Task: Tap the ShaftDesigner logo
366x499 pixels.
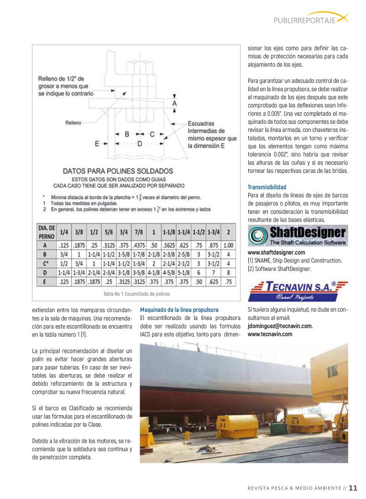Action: coord(298,236)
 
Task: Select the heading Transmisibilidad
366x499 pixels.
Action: coord(267,187)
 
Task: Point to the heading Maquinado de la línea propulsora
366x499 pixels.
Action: coord(179,309)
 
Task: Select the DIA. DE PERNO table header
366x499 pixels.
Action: coord(47,232)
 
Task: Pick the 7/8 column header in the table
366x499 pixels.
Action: coord(139,232)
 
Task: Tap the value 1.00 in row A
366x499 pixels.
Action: coord(229,246)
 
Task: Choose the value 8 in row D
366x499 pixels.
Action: coord(229,272)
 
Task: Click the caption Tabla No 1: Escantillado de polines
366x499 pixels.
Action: coord(136,294)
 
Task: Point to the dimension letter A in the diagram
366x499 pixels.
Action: coord(175,103)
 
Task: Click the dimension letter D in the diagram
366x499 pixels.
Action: coord(139,143)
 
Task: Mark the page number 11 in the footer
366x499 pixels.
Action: coord(353,488)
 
